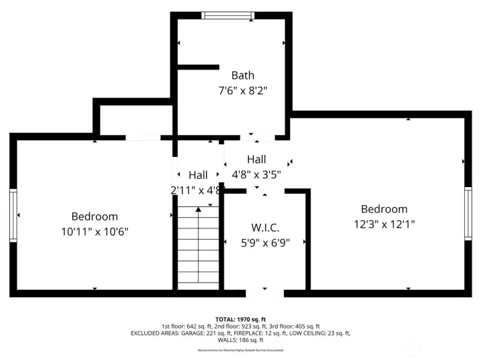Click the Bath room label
(x=243, y=75)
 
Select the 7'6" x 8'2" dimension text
(x=243, y=89)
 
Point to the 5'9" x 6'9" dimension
(x=265, y=243)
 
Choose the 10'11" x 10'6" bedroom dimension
(x=94, y=231)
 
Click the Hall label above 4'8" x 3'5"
(x=257, y=160)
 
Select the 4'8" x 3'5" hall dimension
(x=257, y=174)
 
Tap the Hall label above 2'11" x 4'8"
(x=198, y=175)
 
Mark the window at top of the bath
(x=228, y=15)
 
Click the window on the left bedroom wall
(x=13, y=215)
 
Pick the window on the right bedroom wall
(x=468, y=215)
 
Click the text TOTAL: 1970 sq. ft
(x=240, y=319)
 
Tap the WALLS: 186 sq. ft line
(x=240, y=339)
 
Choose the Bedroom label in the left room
(x=94, y=216)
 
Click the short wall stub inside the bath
(x=198, y=67)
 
